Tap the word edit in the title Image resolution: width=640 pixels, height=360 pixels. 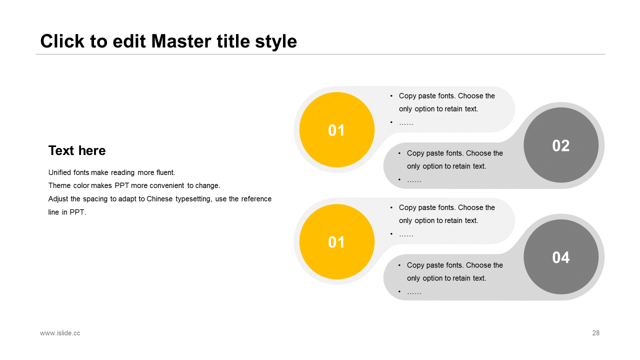129,41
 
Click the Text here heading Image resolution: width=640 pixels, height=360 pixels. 77,150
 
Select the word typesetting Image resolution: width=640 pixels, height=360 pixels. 193,199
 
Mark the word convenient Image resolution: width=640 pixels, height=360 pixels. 167,185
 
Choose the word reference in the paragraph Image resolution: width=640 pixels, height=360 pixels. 256,199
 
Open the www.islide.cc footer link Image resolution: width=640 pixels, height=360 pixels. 60,333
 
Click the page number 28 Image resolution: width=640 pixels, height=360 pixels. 595,333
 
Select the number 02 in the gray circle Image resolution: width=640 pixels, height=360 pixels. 561,145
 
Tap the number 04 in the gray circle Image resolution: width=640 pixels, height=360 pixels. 561,257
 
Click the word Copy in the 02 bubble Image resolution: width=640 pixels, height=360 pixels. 415,153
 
